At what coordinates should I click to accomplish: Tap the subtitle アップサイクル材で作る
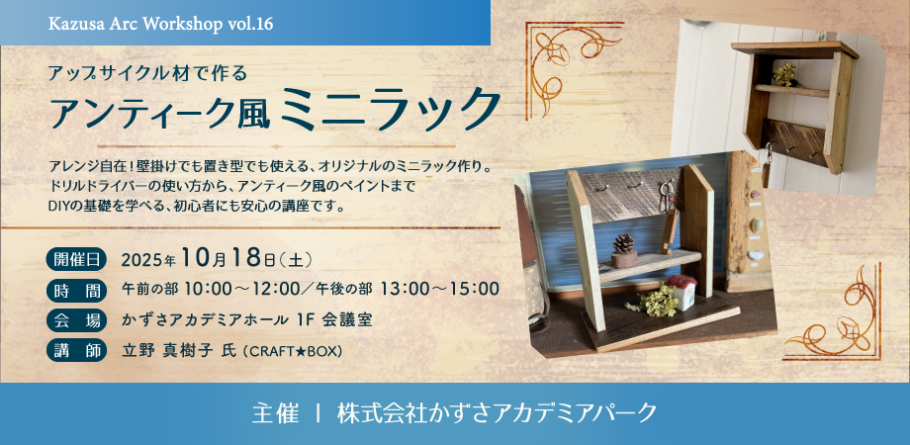(153, 72)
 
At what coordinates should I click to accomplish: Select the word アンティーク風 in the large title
(164, 108)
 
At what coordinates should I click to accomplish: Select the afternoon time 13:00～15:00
(440, 290)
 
